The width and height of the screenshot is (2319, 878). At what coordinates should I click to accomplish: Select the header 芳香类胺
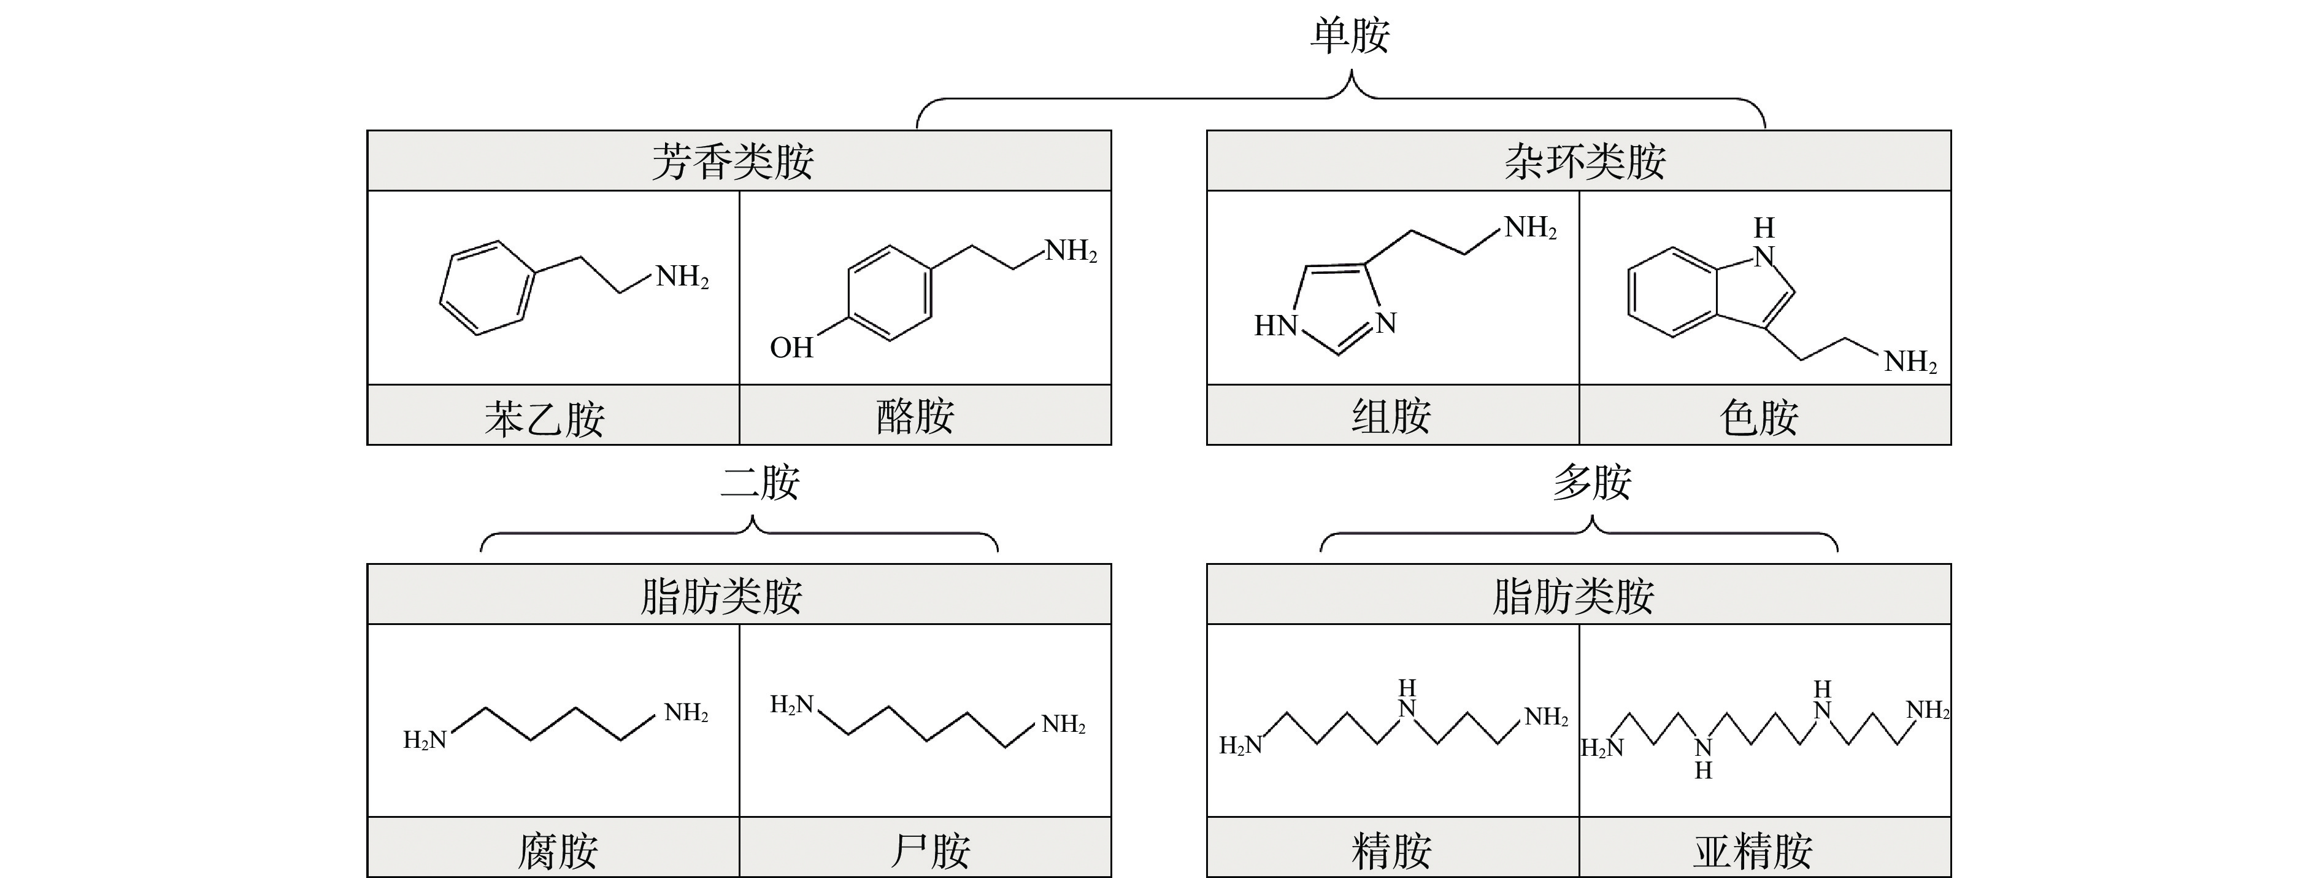733,162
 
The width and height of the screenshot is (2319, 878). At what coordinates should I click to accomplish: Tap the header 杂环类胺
1585,162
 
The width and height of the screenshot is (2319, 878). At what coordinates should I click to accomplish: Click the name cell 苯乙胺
545,419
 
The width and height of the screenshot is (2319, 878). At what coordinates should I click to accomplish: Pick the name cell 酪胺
915,417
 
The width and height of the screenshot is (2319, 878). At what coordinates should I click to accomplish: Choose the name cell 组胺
1391,417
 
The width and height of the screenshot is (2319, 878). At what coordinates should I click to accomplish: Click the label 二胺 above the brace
760,483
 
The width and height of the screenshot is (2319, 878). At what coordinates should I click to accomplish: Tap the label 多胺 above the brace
1591,483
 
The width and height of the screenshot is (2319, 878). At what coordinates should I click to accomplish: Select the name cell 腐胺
558,851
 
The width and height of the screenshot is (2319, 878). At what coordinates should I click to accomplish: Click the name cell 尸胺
930,851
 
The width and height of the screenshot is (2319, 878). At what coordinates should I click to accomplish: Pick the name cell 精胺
1391,851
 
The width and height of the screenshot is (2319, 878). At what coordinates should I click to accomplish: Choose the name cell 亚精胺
1753,851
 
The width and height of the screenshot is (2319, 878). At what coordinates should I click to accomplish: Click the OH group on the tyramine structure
791,348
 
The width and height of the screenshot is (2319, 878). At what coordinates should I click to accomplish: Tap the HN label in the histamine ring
1275,325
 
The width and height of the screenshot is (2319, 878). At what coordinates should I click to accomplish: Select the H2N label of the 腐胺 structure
425,740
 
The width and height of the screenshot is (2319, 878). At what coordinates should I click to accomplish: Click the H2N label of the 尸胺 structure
792,705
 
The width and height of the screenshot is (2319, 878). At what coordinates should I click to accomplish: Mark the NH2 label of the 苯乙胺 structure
682,276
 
